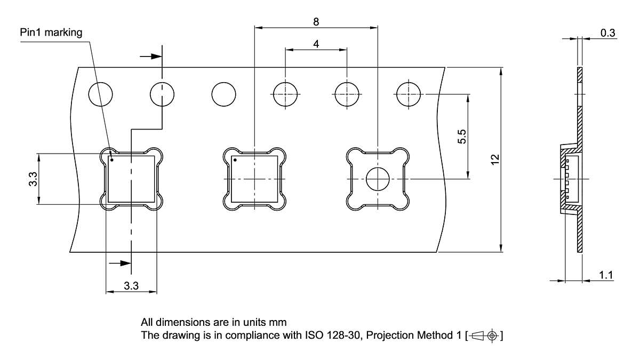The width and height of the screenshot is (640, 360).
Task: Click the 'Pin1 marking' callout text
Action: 51,33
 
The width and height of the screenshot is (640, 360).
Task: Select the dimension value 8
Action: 316,21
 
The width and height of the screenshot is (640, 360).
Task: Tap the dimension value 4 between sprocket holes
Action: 316,44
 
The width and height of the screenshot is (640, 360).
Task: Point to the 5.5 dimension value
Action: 462,137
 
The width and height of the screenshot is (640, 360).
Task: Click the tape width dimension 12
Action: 494,159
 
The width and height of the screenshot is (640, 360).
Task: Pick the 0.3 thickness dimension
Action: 607,33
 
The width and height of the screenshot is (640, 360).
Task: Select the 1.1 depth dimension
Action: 606,275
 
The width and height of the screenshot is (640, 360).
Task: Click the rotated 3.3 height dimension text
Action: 33,179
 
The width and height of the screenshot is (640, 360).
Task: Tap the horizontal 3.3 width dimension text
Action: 131,286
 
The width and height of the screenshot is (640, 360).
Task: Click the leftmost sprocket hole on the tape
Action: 100,94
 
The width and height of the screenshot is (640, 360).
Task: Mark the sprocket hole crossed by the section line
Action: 162,94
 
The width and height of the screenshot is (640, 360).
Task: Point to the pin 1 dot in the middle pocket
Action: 235,159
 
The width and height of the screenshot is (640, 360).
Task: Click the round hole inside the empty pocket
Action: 378,179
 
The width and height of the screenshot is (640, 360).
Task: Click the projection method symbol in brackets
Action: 484,336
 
